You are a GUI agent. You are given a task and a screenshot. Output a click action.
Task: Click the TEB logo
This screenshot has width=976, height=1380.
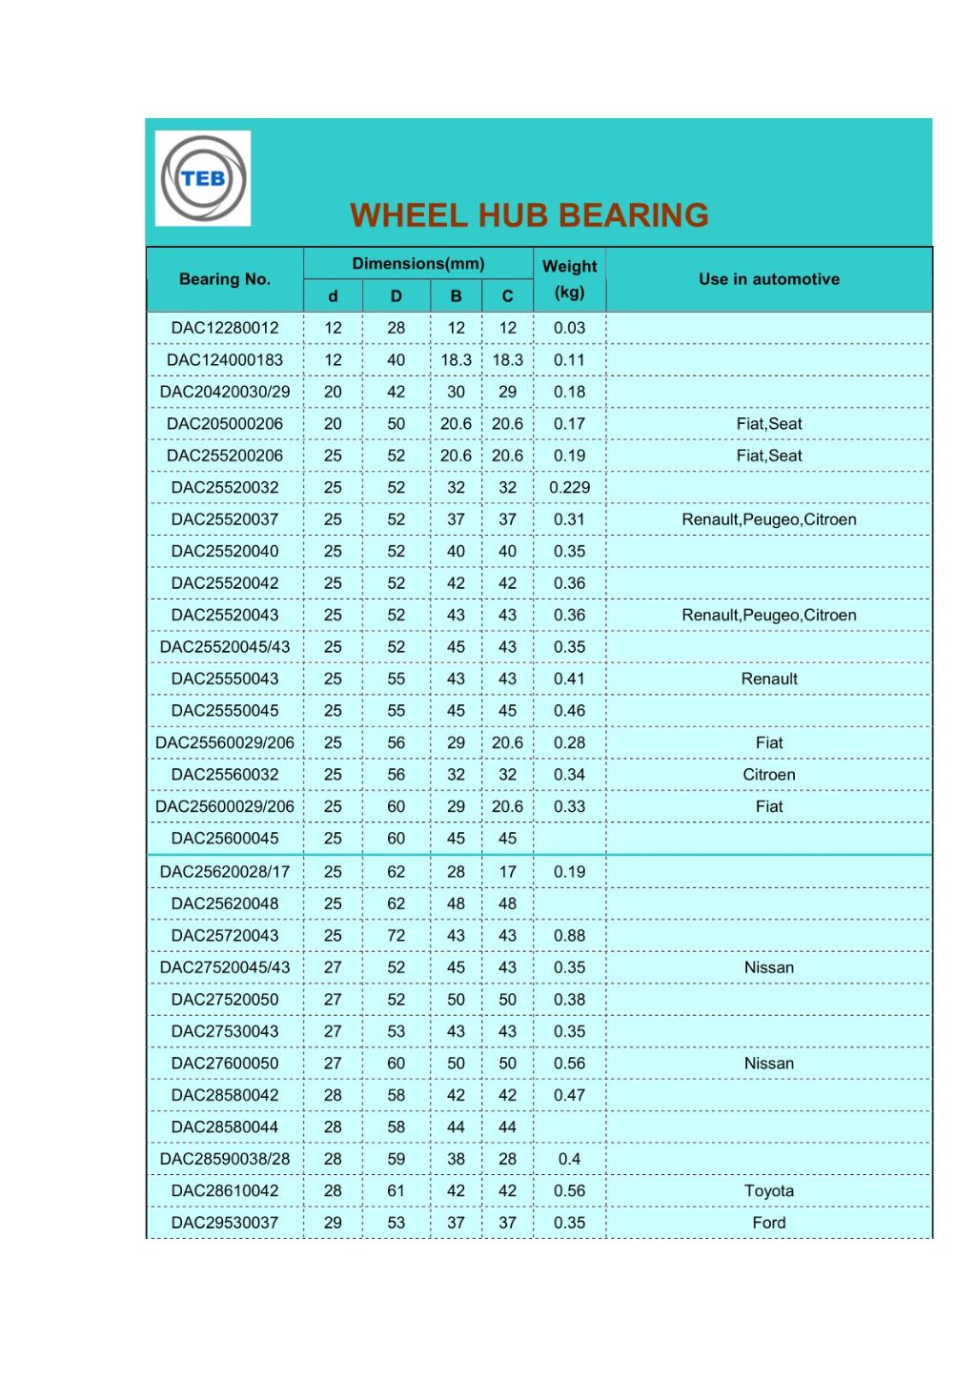[x=203, y=178]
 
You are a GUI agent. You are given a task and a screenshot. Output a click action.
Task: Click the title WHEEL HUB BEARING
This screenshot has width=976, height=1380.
[x=529, y=215]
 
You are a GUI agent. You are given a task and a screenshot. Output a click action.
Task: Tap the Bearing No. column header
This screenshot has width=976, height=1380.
[x=225, y=279]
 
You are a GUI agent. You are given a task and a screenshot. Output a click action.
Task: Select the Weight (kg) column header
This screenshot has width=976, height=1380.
[x=569, y=279]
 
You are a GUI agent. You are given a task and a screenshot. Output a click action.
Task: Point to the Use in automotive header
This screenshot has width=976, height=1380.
[x=768, y=279]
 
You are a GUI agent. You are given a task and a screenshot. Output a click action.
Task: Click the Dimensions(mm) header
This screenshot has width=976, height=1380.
[x=418, y=264]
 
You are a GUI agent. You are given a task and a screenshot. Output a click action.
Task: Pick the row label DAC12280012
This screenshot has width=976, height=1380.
[x=225, y=328]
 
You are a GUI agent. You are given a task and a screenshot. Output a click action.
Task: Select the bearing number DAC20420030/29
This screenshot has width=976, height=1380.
[x=225, y=392]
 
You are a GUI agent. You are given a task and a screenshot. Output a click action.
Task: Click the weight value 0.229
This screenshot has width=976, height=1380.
[x=569, y=488]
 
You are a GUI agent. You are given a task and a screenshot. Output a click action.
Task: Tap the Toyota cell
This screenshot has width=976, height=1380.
[x=768, y=1191]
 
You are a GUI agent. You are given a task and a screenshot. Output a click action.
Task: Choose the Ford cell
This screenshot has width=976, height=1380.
[x=768, y=1223]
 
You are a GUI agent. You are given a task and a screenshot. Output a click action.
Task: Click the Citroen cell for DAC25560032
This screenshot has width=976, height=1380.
[x=768, y=775]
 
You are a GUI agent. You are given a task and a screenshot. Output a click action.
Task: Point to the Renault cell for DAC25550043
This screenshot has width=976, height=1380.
[x=768, y=679]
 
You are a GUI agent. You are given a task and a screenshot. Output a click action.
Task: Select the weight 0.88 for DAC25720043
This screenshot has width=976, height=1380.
[x=569, y=936]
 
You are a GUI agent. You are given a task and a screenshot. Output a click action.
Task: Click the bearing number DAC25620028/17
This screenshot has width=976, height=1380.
[x=225, y=872]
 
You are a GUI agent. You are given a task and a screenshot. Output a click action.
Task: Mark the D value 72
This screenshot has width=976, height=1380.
[x=396, y=936]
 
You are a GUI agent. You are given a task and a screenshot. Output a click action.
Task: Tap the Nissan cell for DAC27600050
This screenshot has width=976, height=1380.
[x=768, y=1064]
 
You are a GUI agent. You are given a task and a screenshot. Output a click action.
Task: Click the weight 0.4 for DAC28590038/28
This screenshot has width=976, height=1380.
[x=569, y=1159]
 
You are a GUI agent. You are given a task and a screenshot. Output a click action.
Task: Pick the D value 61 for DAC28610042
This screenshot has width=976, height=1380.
[x=396, y=1191]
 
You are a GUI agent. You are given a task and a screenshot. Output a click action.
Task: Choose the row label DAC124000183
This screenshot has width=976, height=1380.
[x=225, y=360]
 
